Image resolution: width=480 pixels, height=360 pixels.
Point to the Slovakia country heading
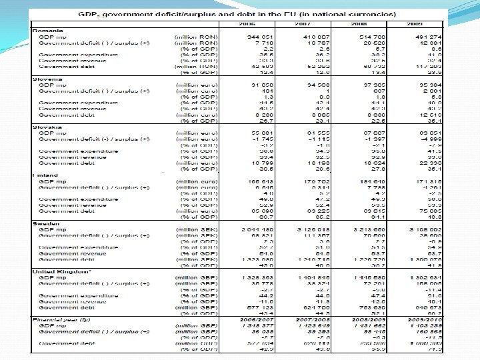coord(47,126)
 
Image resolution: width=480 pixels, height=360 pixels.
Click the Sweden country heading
coord(47,223)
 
